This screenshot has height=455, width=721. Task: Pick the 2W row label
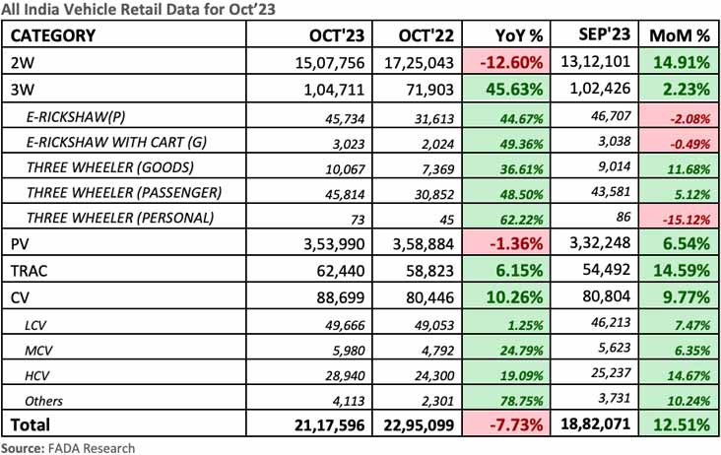coord(22,63)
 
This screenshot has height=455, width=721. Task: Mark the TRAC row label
coord(30,269)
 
